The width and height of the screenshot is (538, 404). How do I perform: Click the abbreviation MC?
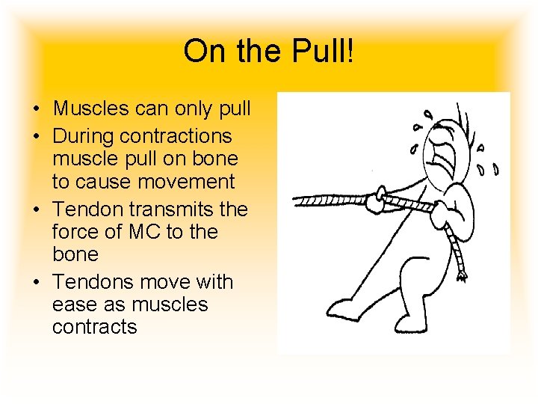143,232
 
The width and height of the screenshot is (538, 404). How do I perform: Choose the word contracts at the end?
95,327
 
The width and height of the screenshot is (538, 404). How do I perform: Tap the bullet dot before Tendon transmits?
37,210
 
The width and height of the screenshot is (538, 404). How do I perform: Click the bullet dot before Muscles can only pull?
37,109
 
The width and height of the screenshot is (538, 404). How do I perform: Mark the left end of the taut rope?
295,201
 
